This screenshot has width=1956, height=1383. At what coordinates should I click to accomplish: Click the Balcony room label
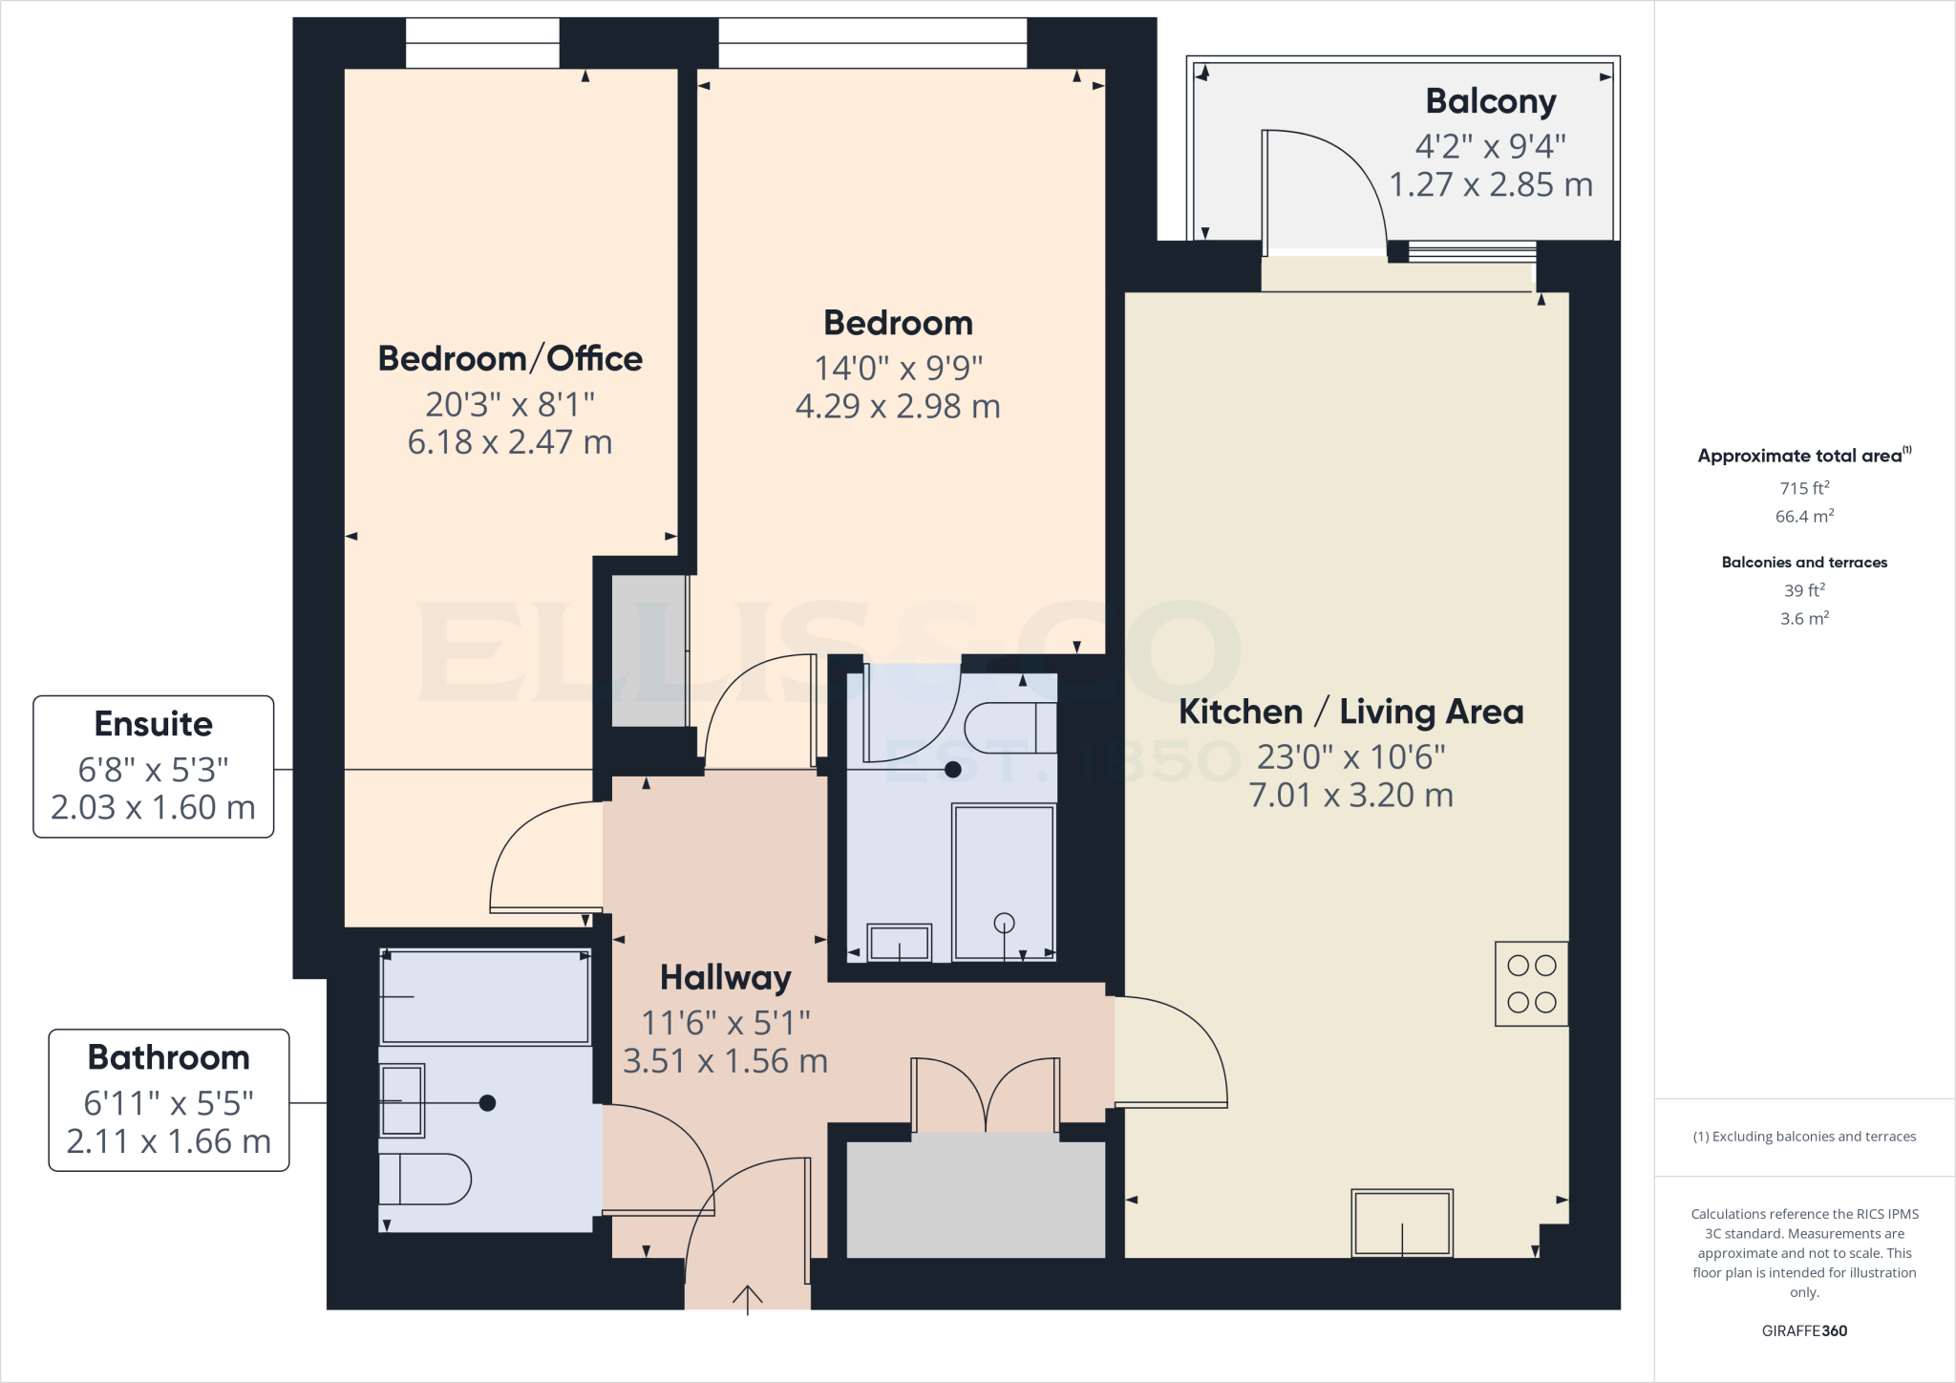point(1490,101)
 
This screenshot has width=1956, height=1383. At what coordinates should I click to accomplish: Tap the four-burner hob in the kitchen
point(1531,984)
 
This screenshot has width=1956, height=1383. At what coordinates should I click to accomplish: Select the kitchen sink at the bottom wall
point(1401,1223)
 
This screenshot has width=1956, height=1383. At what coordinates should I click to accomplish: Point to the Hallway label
point(725,978)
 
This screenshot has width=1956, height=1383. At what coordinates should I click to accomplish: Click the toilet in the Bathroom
point(426,1179)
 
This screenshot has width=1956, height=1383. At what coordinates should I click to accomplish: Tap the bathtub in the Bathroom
point(485,996)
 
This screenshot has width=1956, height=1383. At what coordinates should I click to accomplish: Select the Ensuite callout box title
point(153,724)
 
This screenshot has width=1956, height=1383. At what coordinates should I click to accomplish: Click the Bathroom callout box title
point(168,1057)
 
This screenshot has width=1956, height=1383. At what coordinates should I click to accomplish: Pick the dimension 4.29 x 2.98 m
point(898,407)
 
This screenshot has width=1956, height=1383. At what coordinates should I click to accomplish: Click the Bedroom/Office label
point(510,359)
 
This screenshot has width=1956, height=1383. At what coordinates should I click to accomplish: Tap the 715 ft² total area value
point(1804,488)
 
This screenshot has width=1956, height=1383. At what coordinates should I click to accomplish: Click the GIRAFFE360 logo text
point(1804,1330)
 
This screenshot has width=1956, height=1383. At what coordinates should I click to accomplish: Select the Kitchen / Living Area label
point(1350,712)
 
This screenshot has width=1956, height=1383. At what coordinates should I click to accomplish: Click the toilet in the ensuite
point(1008,729)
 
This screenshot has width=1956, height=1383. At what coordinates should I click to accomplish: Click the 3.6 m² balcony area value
point(1804,619)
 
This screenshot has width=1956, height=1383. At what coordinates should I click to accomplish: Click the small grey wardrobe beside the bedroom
point(648,650)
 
